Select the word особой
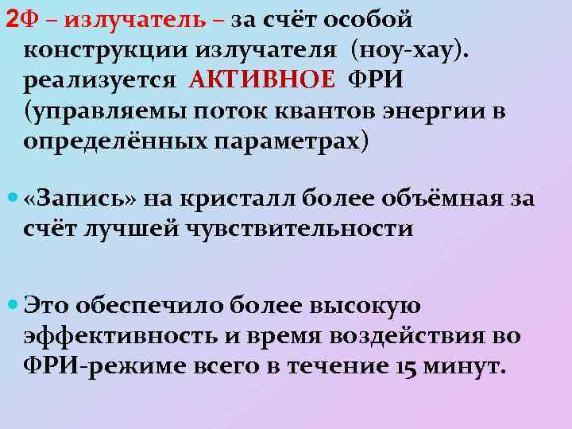[x=367, y=18]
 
